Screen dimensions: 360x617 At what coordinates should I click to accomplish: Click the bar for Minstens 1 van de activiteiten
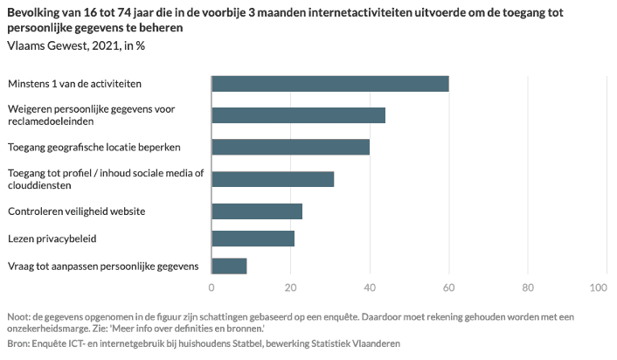click(330, 84)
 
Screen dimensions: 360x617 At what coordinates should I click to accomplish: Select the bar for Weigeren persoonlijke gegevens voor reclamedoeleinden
click(299, 115)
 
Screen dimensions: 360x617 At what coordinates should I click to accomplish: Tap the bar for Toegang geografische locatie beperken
click(291, 147)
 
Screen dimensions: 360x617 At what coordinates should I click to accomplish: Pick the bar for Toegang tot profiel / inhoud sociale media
click(273, 179)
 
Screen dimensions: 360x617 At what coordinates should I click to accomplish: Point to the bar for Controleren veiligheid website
click(257, 211)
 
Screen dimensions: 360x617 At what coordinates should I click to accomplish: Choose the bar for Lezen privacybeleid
click(253, 239)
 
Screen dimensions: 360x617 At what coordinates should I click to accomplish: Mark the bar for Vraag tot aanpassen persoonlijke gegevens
click(230, 266)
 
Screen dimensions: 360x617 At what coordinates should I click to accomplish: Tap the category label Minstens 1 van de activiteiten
click(74, 84)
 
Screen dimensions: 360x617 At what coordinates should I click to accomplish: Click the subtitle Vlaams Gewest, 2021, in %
click(76, 45)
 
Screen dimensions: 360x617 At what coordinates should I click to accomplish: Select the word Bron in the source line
click(17, 343)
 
